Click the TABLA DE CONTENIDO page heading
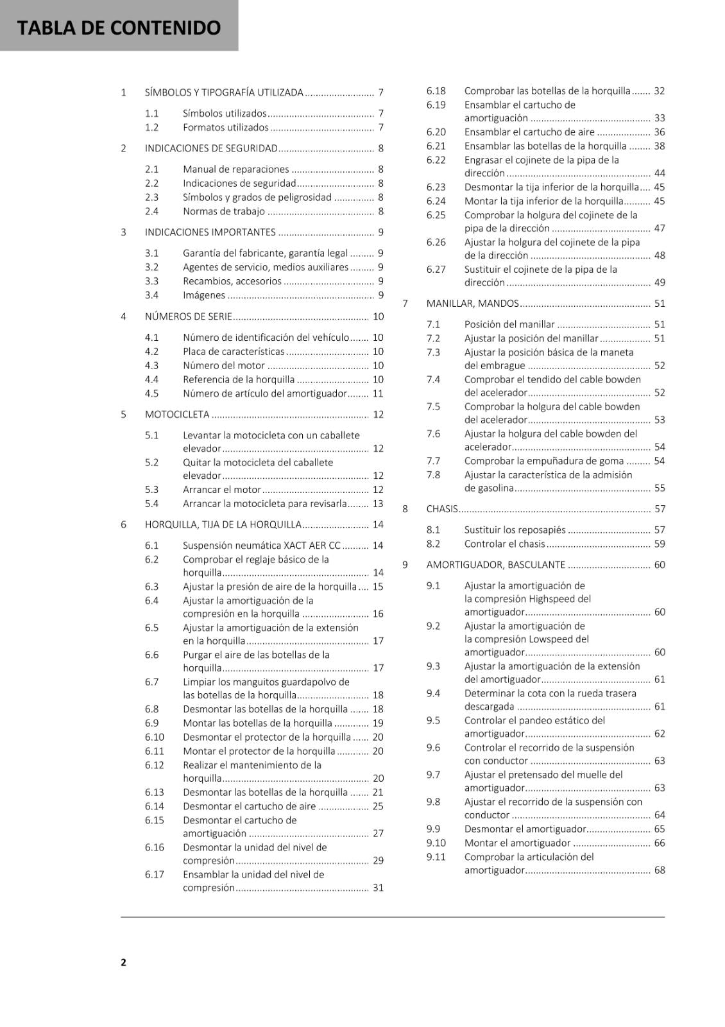119,28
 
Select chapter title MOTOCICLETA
177,415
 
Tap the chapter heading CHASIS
442,509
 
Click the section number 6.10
155,738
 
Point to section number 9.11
436,857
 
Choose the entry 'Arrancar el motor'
221,490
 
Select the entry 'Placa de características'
234,352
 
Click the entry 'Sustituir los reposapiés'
515,530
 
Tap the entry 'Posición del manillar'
509,325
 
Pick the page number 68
660,870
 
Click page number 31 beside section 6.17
378,888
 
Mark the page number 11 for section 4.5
378,394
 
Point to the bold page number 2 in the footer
123,962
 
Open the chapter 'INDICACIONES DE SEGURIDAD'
211,148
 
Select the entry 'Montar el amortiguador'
517,843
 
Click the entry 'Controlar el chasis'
504,544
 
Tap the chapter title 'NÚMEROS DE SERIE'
188,316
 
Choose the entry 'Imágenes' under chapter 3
204,296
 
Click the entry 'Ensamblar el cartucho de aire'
529,132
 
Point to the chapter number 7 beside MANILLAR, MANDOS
405,304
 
